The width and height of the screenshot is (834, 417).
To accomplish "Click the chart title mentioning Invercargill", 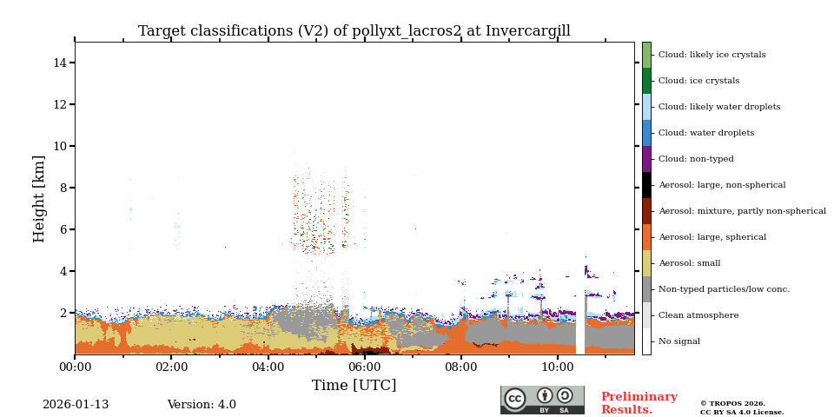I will pos(354,31).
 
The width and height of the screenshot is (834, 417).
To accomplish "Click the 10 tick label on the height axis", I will pos(60,146).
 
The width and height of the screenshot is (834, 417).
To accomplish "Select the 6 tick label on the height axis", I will pos(63,229).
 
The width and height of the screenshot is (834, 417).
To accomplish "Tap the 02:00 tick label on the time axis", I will pos(171,367).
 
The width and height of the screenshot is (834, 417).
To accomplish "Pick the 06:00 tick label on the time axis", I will pos(364,367).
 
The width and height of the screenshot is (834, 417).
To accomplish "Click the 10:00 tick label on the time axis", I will pos(557,367).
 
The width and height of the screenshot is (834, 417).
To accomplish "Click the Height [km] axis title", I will pos(40,198).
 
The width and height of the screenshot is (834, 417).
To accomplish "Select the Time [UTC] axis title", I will pos(354,385).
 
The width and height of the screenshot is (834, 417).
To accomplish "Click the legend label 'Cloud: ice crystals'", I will pos(698,81).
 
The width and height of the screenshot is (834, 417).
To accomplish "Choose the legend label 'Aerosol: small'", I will pos(689,263).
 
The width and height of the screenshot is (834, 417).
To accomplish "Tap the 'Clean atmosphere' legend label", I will pos(698,315).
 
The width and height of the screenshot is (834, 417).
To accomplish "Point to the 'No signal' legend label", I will pos(678,341).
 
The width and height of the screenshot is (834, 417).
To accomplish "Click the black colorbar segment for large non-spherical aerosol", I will pos(646,185).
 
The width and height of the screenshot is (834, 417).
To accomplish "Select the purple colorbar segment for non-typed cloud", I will pos(646,159).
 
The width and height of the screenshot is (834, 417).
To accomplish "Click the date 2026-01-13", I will pos(76,405).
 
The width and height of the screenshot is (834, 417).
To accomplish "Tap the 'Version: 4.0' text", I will pos(202,405).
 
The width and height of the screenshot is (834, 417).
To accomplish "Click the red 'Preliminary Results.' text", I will pos(639,403).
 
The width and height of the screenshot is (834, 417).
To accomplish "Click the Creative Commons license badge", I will pos(542,400).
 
